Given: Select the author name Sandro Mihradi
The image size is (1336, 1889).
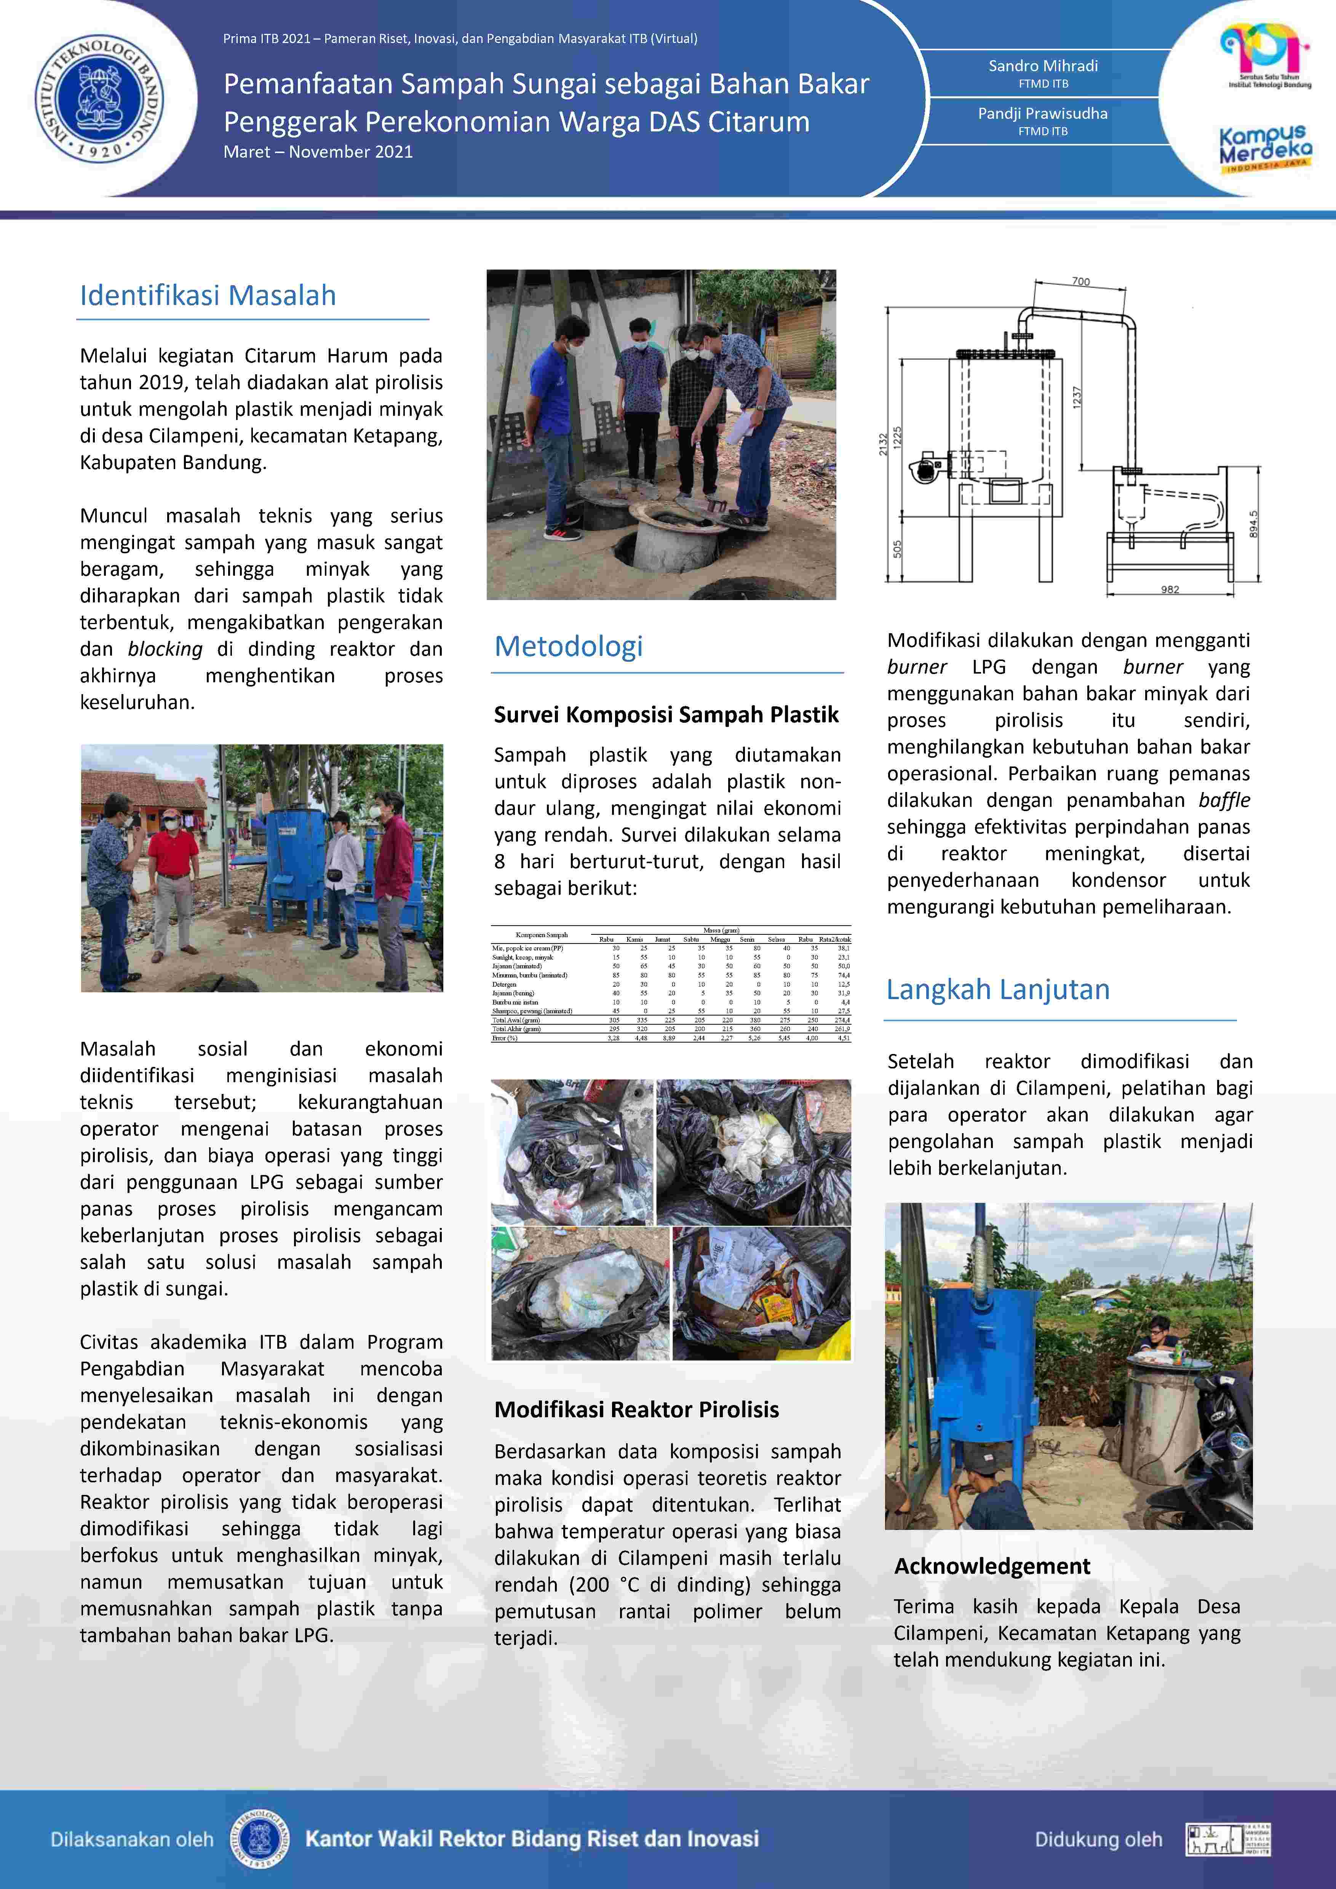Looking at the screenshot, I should [1042, 66].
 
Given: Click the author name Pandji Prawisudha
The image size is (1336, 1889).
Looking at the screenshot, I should [1042, 113].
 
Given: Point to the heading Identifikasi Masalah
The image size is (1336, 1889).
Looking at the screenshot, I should [208, 295].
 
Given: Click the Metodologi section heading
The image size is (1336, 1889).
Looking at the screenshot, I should [569, 647].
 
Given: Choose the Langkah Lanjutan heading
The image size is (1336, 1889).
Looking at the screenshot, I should [998, 990].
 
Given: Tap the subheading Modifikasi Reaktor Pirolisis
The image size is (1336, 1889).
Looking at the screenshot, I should [636, 1409].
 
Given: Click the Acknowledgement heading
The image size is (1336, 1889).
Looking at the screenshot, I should [992, 1566].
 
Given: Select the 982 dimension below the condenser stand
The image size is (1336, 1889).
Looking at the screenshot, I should [1170, 589].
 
